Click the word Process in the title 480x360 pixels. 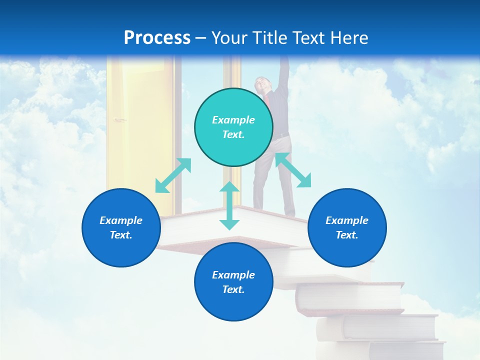click(157, 37)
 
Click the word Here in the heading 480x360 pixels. click(349, 38)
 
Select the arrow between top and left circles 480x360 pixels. click(173, 175)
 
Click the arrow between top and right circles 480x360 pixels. click(293, 170)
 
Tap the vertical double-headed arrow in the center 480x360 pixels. click(229, 205)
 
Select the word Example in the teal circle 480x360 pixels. click(233, 120)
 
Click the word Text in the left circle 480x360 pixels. click(120, 235)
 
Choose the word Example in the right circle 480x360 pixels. click(347, 220)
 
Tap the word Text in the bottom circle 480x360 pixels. click(233, 289)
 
